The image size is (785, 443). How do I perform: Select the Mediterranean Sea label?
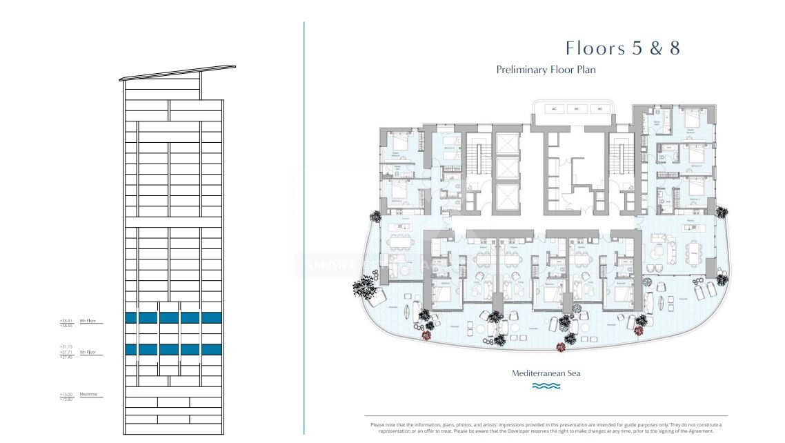pos(546,373)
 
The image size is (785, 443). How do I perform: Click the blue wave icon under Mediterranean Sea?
pos(546,386)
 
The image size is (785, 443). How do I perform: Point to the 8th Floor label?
pos(88,321)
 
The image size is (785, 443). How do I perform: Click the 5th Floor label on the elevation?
pos(87,353)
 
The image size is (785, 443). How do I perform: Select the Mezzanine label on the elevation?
pos(88,394)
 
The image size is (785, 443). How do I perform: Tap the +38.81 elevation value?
pos(66,320)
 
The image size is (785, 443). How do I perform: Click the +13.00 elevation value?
pos(66,394)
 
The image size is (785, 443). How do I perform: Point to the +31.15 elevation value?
pos(66,346)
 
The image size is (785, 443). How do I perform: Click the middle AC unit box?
pos(576,109)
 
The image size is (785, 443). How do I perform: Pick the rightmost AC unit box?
pos(599,109)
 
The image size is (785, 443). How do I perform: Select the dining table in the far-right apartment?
pos(690,248)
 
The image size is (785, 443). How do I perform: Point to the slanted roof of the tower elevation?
pos(178,74)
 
